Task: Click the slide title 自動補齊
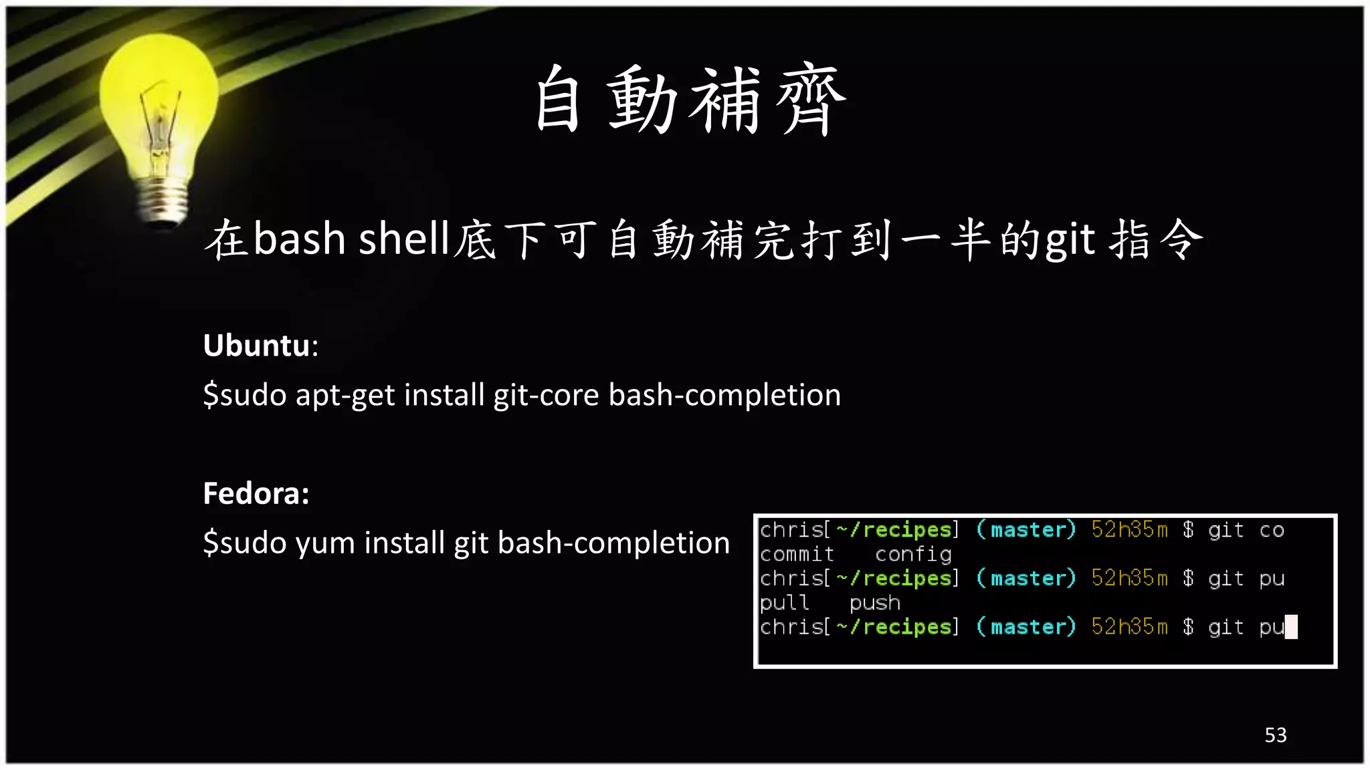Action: pos(690,100)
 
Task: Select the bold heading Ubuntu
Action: pos(257,346)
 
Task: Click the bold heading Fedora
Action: pos(256,494)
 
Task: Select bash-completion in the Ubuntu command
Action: pos(724,395)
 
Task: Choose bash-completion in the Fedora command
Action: pos(613,543)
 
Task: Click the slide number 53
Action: pos(1275,735)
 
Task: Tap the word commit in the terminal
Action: pos(797,555)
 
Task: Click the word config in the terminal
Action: pos(913,555)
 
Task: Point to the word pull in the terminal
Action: pos(784,604)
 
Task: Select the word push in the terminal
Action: pos(874,604)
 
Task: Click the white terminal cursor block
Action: pos(1291,627)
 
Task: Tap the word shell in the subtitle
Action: pos(403,239)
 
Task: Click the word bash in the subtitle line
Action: pos(299,239)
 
